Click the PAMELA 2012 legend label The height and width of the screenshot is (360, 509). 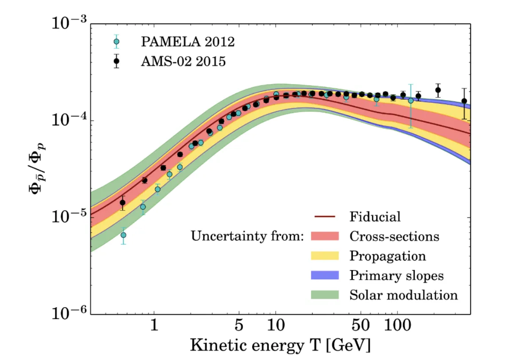coord(188,42)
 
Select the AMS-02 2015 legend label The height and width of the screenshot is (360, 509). coord(183,61)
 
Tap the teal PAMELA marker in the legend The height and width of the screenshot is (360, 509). coord(117,42)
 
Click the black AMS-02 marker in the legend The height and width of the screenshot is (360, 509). coord(117,61)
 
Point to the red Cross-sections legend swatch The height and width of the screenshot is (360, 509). coord(325,236)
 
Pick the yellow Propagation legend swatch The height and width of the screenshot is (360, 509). coord(325,255)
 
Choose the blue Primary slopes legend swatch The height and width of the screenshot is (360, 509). coord(325,275)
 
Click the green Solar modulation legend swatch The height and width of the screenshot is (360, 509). coord(325,294)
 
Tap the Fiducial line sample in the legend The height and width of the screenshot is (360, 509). coord(325,216)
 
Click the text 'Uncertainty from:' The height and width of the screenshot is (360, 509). coord(247,236)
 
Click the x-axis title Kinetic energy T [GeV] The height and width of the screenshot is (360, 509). coord(280,345)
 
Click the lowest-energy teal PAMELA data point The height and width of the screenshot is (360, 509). coord(123,235)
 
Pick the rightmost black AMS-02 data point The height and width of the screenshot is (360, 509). coord(464,101)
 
